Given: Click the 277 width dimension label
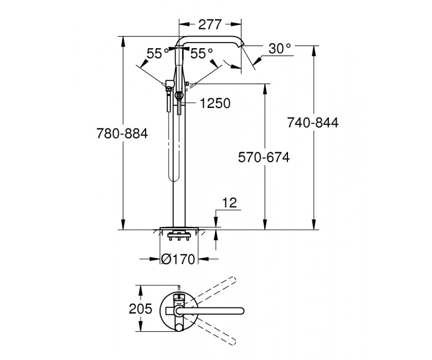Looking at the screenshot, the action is pos(210,24).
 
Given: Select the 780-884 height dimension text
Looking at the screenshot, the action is pos(122,134).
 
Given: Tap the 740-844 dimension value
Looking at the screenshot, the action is pos(313,122).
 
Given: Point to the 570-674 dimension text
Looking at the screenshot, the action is pos(264,157).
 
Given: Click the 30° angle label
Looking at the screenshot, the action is pos(280,49).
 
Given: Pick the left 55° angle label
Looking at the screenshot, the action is pos(158,53).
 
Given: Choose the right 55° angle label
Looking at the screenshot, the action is pos(202,53).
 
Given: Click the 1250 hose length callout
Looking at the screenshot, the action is pos(215,104).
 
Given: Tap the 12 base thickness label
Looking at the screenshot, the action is pos(229,203).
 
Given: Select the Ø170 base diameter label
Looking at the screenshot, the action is pos(178,259).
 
